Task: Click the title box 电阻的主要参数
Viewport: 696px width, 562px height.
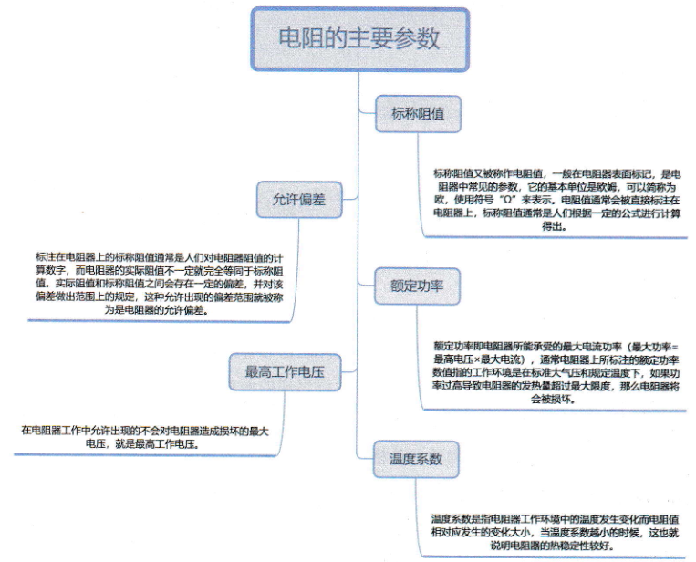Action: [360, 39]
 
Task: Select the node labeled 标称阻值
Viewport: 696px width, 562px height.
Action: [418, 114]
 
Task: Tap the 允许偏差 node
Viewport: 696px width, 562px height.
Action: [299, 199]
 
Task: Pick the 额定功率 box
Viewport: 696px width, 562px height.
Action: [417, 286]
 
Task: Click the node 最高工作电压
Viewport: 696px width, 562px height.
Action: [285, 372]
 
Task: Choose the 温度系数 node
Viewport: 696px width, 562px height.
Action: [416, 459]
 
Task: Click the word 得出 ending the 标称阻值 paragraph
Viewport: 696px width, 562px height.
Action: [552, 226]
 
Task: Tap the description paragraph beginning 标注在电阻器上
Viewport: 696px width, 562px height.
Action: [160, 284]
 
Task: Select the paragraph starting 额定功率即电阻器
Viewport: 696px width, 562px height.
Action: [556, 372]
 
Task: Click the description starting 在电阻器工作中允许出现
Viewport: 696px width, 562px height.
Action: [145, 437]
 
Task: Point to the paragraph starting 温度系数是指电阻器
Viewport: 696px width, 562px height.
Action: [555, 532]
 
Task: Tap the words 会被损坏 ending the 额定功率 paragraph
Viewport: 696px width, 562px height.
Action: [551, 399]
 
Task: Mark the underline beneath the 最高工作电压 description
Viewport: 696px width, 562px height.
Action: [145, 454]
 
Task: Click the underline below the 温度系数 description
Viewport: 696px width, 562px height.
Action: [554, 557]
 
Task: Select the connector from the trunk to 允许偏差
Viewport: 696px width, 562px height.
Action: [349, 199]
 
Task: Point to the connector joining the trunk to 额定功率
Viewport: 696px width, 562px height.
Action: [367, 285]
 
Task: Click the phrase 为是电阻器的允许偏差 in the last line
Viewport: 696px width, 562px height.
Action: [157, 310]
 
